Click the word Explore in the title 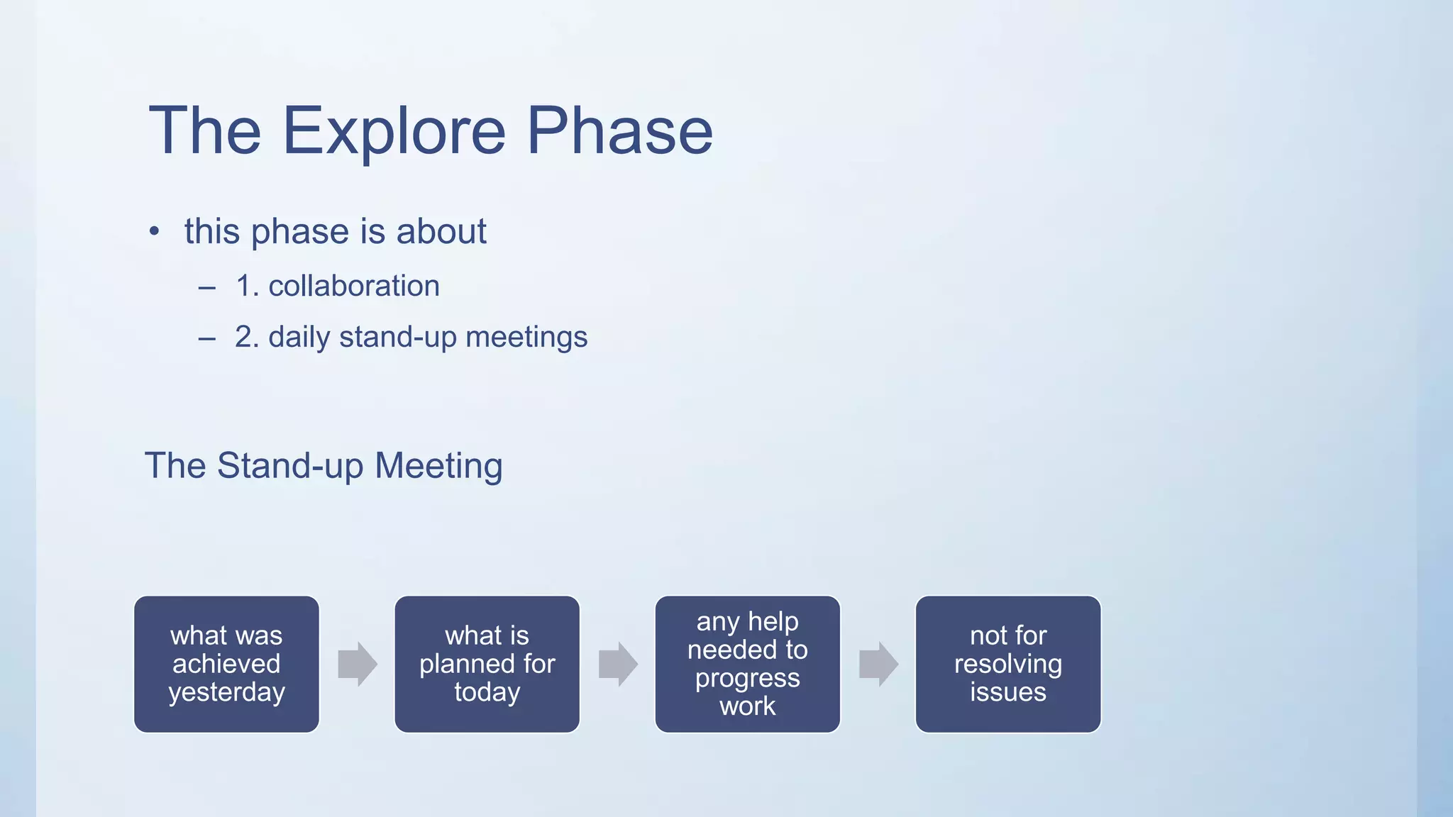pos(394,131)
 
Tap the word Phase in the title pos(619,131)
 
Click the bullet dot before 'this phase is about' pos(154,232)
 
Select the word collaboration pos(353,286)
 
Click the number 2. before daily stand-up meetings pos(247,337)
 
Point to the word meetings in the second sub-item pos(526,338)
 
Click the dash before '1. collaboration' pos(206,287)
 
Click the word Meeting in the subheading pos(438,466)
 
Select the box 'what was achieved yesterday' pos(226,664)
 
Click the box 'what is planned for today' pos(487,664)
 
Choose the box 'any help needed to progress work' pos(747,664)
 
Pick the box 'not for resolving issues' pos(1007,664)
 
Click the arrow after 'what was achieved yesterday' pos(357,664)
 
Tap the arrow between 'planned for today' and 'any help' pos(617,664)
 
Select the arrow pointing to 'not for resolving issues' pos(878,664)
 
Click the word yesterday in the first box pos(226,692)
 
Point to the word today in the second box pos(487,692)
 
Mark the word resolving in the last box pos(1007,664)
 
